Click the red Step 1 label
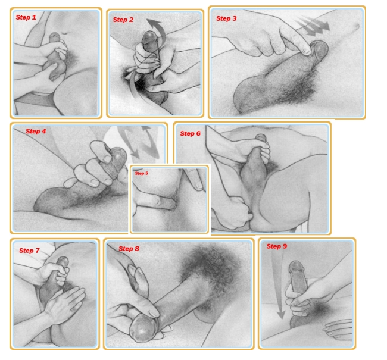click(26, 17)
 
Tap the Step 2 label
click(123, 20)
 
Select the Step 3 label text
click(226, 18)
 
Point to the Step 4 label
click(36, 131)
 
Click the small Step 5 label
click(142, 173)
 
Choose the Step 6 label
click(190, 133)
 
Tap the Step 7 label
click(29, 251)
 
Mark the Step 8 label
click(129, 249)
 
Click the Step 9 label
click(277, 246)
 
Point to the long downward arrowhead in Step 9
click(280, 315)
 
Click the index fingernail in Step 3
click(307, 51)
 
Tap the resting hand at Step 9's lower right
click(338, 328)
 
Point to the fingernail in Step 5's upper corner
click(199, 186)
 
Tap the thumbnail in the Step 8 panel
click(154, 312)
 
